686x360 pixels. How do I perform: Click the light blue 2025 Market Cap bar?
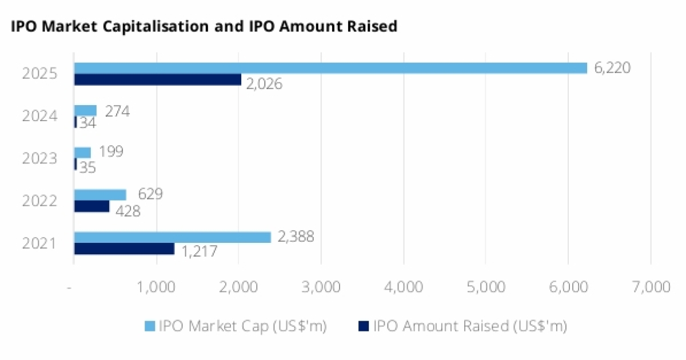[330, 68]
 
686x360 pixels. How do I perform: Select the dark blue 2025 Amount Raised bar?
[158, 79]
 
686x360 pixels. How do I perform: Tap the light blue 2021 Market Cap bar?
[172, 237]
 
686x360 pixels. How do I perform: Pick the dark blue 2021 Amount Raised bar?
[124, 249]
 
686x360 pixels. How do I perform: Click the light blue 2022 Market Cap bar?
[100, 195]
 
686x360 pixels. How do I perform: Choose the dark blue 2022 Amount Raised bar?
[91, 206]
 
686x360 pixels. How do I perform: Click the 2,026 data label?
[264, 84]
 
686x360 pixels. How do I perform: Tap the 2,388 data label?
[295, 237]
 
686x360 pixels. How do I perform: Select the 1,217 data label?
[199, 251]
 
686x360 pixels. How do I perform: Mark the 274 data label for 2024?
[117, 111]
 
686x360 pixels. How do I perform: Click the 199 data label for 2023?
[110, 153]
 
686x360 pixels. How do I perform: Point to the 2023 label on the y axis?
[39, 159]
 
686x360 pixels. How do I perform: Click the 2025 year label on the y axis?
[39, 74]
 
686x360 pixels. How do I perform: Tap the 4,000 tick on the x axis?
[403, 287]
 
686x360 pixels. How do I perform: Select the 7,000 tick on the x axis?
[650, 287]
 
